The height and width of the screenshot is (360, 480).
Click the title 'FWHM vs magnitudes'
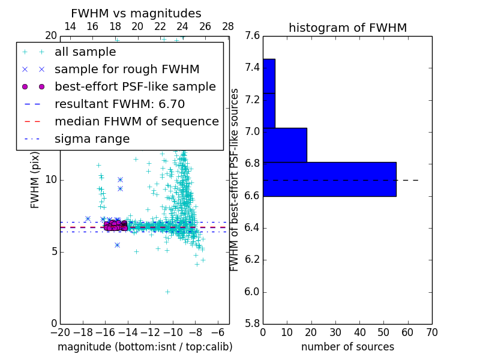(136, 13)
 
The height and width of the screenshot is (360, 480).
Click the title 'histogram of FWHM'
(347, 28)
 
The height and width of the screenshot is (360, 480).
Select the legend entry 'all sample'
(85, 52)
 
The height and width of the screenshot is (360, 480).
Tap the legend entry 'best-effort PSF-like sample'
(135, 86)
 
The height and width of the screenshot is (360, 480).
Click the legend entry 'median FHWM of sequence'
(137, 121)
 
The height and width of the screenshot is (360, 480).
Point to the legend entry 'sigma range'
(92, 139)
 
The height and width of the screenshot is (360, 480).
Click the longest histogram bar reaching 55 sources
(329, 179)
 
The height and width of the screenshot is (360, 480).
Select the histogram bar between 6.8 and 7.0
(285, 145)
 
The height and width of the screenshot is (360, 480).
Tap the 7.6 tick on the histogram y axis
(253, 36)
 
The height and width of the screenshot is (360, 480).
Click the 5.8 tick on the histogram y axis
(253, 324)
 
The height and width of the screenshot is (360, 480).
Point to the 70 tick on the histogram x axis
(432, 331)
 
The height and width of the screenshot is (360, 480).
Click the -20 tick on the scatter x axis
(60, 331)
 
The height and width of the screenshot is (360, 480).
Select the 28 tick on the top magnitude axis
(228, 26)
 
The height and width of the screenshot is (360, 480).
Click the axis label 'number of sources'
(347, 347)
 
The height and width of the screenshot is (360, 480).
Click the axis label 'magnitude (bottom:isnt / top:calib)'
(145, 347)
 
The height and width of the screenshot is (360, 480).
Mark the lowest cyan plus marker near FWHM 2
(167, 292)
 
